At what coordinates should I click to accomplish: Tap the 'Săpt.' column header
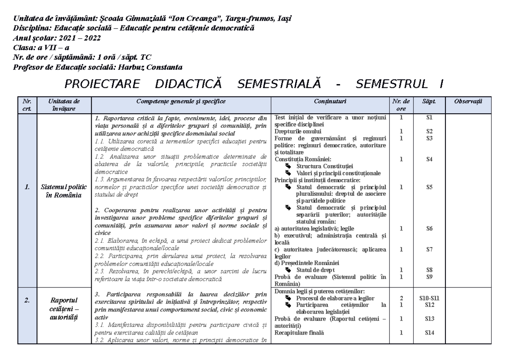pyautogui.click(x=429, y=102)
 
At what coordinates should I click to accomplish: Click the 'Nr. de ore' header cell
pyautogui.click(x=401, y=105)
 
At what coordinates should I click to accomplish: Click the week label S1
pyautogui.click(x=429, y=117)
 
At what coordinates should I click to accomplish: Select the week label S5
pyautogui.click(x=429, y=187)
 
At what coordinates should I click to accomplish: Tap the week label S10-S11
pyautogui.click(x=429, y=298)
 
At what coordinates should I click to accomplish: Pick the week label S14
pyautogui.click(x=429, y=333)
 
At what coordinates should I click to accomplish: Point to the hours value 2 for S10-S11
pyautogui.click(x=401, y=298)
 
